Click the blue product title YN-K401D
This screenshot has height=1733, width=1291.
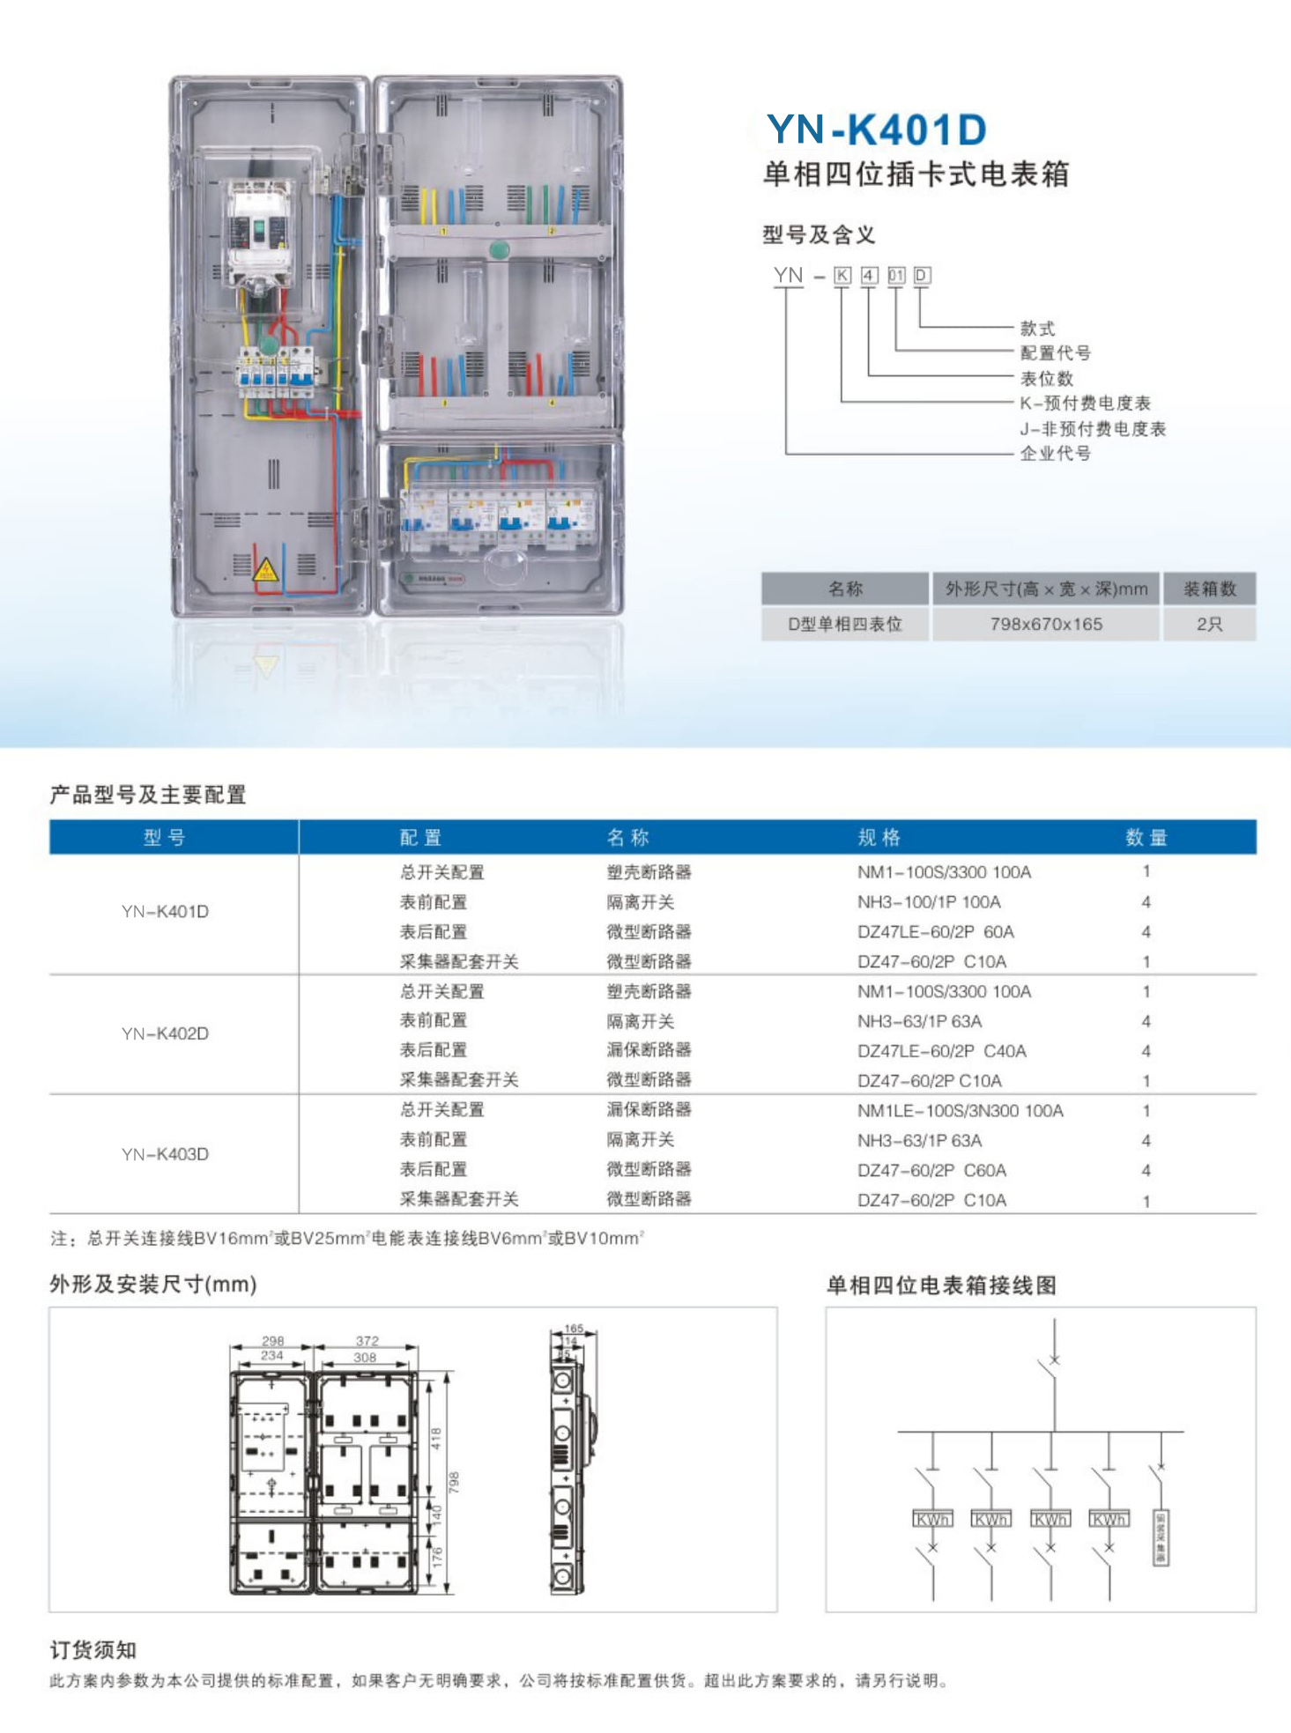(x=876, y=130)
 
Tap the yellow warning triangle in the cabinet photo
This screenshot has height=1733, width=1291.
(x=266, y=570)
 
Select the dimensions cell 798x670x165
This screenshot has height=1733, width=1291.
(x=1046, y=624)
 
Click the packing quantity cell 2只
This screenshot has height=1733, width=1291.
(x=1209, y=624)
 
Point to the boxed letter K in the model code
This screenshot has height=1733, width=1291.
(x=842, y=276)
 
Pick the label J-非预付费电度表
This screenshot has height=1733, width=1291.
(x=1093, y=429)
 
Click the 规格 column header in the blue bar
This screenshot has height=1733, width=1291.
(x=879, y=837)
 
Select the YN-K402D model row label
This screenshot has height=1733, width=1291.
(x=165, y=1033)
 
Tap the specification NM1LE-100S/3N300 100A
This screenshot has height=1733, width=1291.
(x=960, y=1110)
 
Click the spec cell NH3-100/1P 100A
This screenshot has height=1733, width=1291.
(x=929, y=902)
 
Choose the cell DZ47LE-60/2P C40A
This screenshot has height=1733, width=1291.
(x=941, y=1051)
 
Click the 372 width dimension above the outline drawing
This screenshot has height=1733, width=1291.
(x=367, y=1340)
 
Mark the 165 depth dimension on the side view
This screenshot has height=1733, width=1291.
(x=574, y=1328)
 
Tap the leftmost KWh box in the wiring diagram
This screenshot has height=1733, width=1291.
(x=932, y=1520)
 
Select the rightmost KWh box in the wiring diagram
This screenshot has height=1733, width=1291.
(x=1109, y=1520)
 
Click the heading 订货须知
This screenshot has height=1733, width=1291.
(x=93, y=1650)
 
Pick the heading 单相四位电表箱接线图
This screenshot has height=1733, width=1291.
(x=941, y=1285)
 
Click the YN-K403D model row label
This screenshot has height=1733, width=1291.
(x=165, y=1154)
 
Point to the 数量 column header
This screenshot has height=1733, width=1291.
(x=1146, y=837)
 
